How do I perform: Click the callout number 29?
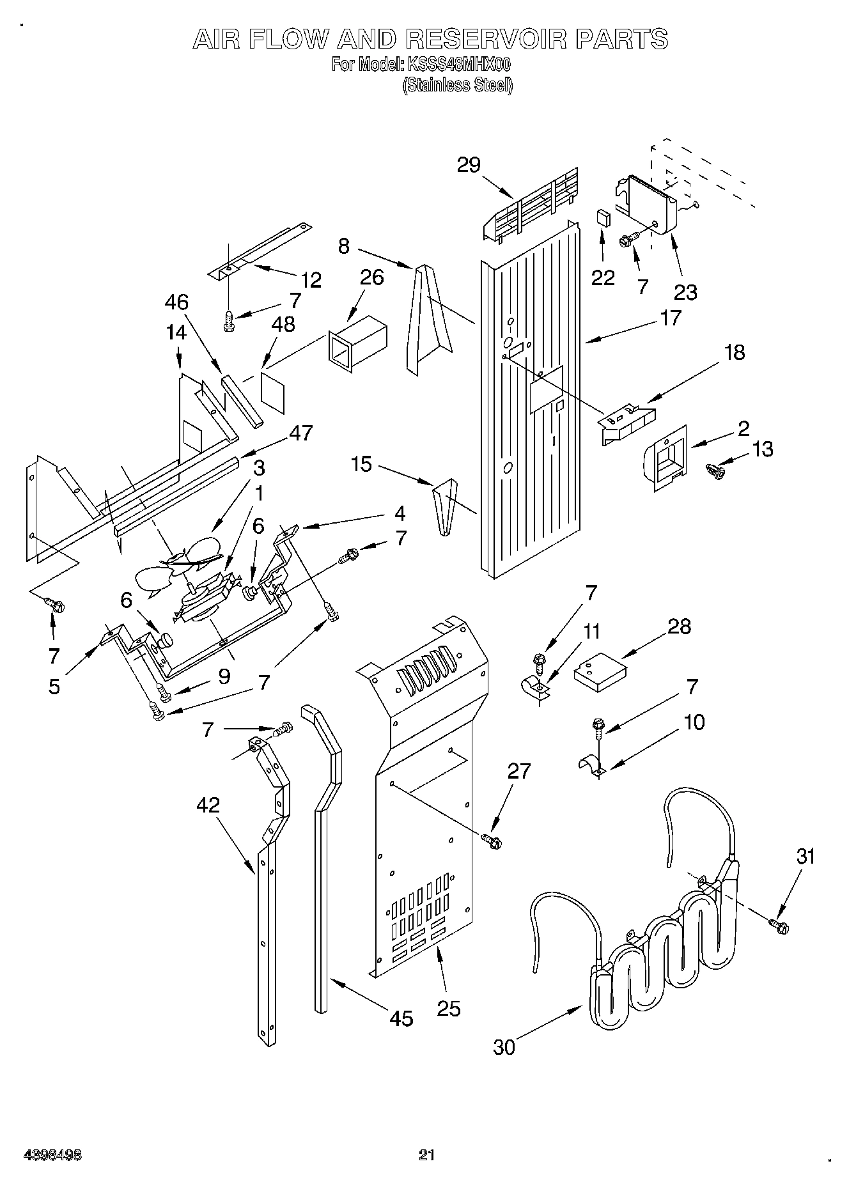(x=469, y=165)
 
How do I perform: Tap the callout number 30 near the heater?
(x=504, y=1047)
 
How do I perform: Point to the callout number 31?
(x=805, y=856)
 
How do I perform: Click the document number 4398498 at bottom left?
(x=52, y=1155)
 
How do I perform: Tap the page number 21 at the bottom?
(x=426, y=1155)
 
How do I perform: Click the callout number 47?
(x=301, y=433)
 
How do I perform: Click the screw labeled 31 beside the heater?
(x=780, y=924)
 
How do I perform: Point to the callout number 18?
(x=735, y=352)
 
